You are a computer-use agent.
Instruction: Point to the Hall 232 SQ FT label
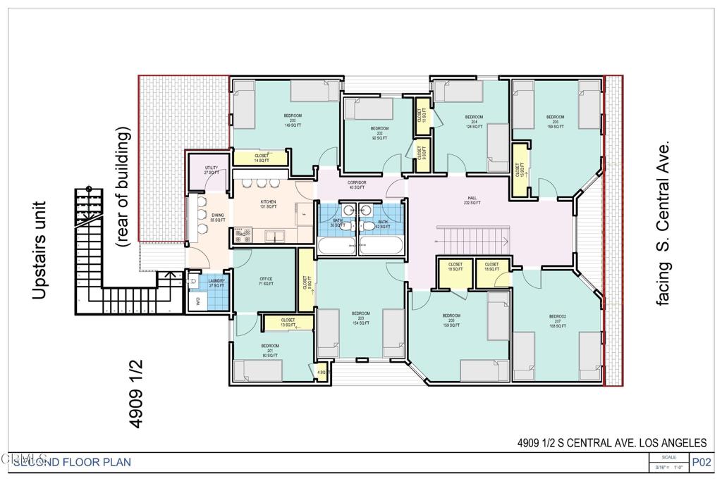(473, 201)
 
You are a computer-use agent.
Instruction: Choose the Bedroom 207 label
(558, 320)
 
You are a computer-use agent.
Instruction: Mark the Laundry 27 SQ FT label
(216, 283)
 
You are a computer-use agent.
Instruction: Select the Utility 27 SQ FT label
(211, 169)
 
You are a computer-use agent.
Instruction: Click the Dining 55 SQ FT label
(217, 218)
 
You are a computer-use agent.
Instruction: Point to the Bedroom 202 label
(379, 133)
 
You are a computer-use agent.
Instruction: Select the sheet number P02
(701, 463)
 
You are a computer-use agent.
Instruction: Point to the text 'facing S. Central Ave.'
(663, 222)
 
